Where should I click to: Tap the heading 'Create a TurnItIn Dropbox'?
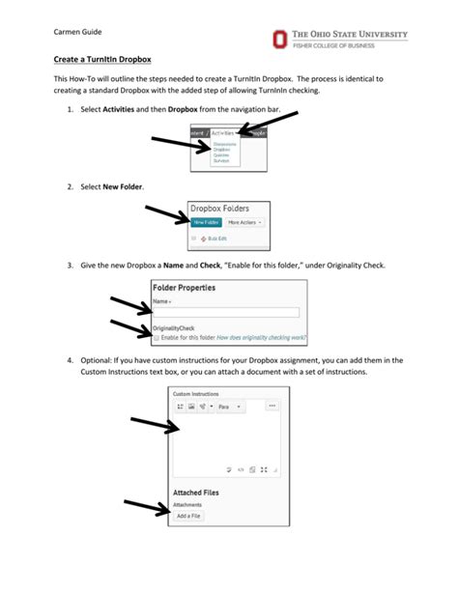pos(101,60)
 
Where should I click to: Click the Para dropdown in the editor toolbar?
pos(230,408)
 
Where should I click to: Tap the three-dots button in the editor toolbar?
pos(271,407)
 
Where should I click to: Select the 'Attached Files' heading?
pos(194,492)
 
